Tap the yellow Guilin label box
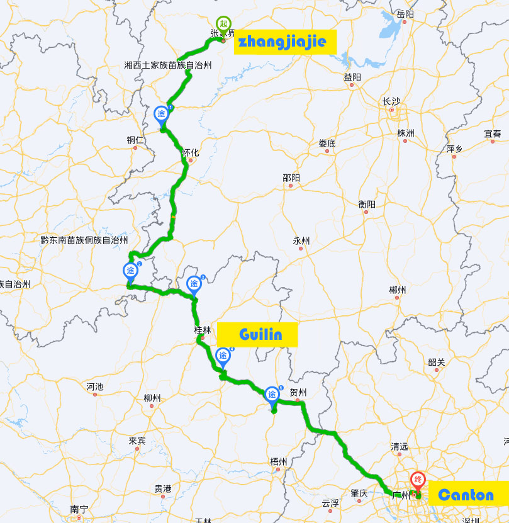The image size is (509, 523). [x=257, y=334]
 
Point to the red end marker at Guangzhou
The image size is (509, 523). [x=418, y=480]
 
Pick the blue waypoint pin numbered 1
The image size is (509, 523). [x=162, y=114]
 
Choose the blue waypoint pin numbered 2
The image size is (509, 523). [x=130, y=271]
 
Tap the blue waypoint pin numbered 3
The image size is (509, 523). [x=193, y=284]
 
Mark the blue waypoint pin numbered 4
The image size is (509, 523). [x=223, y=356]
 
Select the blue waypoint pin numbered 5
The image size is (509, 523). [x=272, y=394]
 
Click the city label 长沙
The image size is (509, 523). [x=391, y=101]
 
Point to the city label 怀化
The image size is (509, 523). [x=190, y=152]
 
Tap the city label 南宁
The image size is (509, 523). [x=79, y=509]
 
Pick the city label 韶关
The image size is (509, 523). [x=436, y=362]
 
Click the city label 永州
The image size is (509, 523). [x=301, y=240]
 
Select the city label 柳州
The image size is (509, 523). [x=152, y=398]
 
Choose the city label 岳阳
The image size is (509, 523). [x=406, y=14]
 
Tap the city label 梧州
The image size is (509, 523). [x=278, y=461]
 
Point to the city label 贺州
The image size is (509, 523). [x=298, y=393]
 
